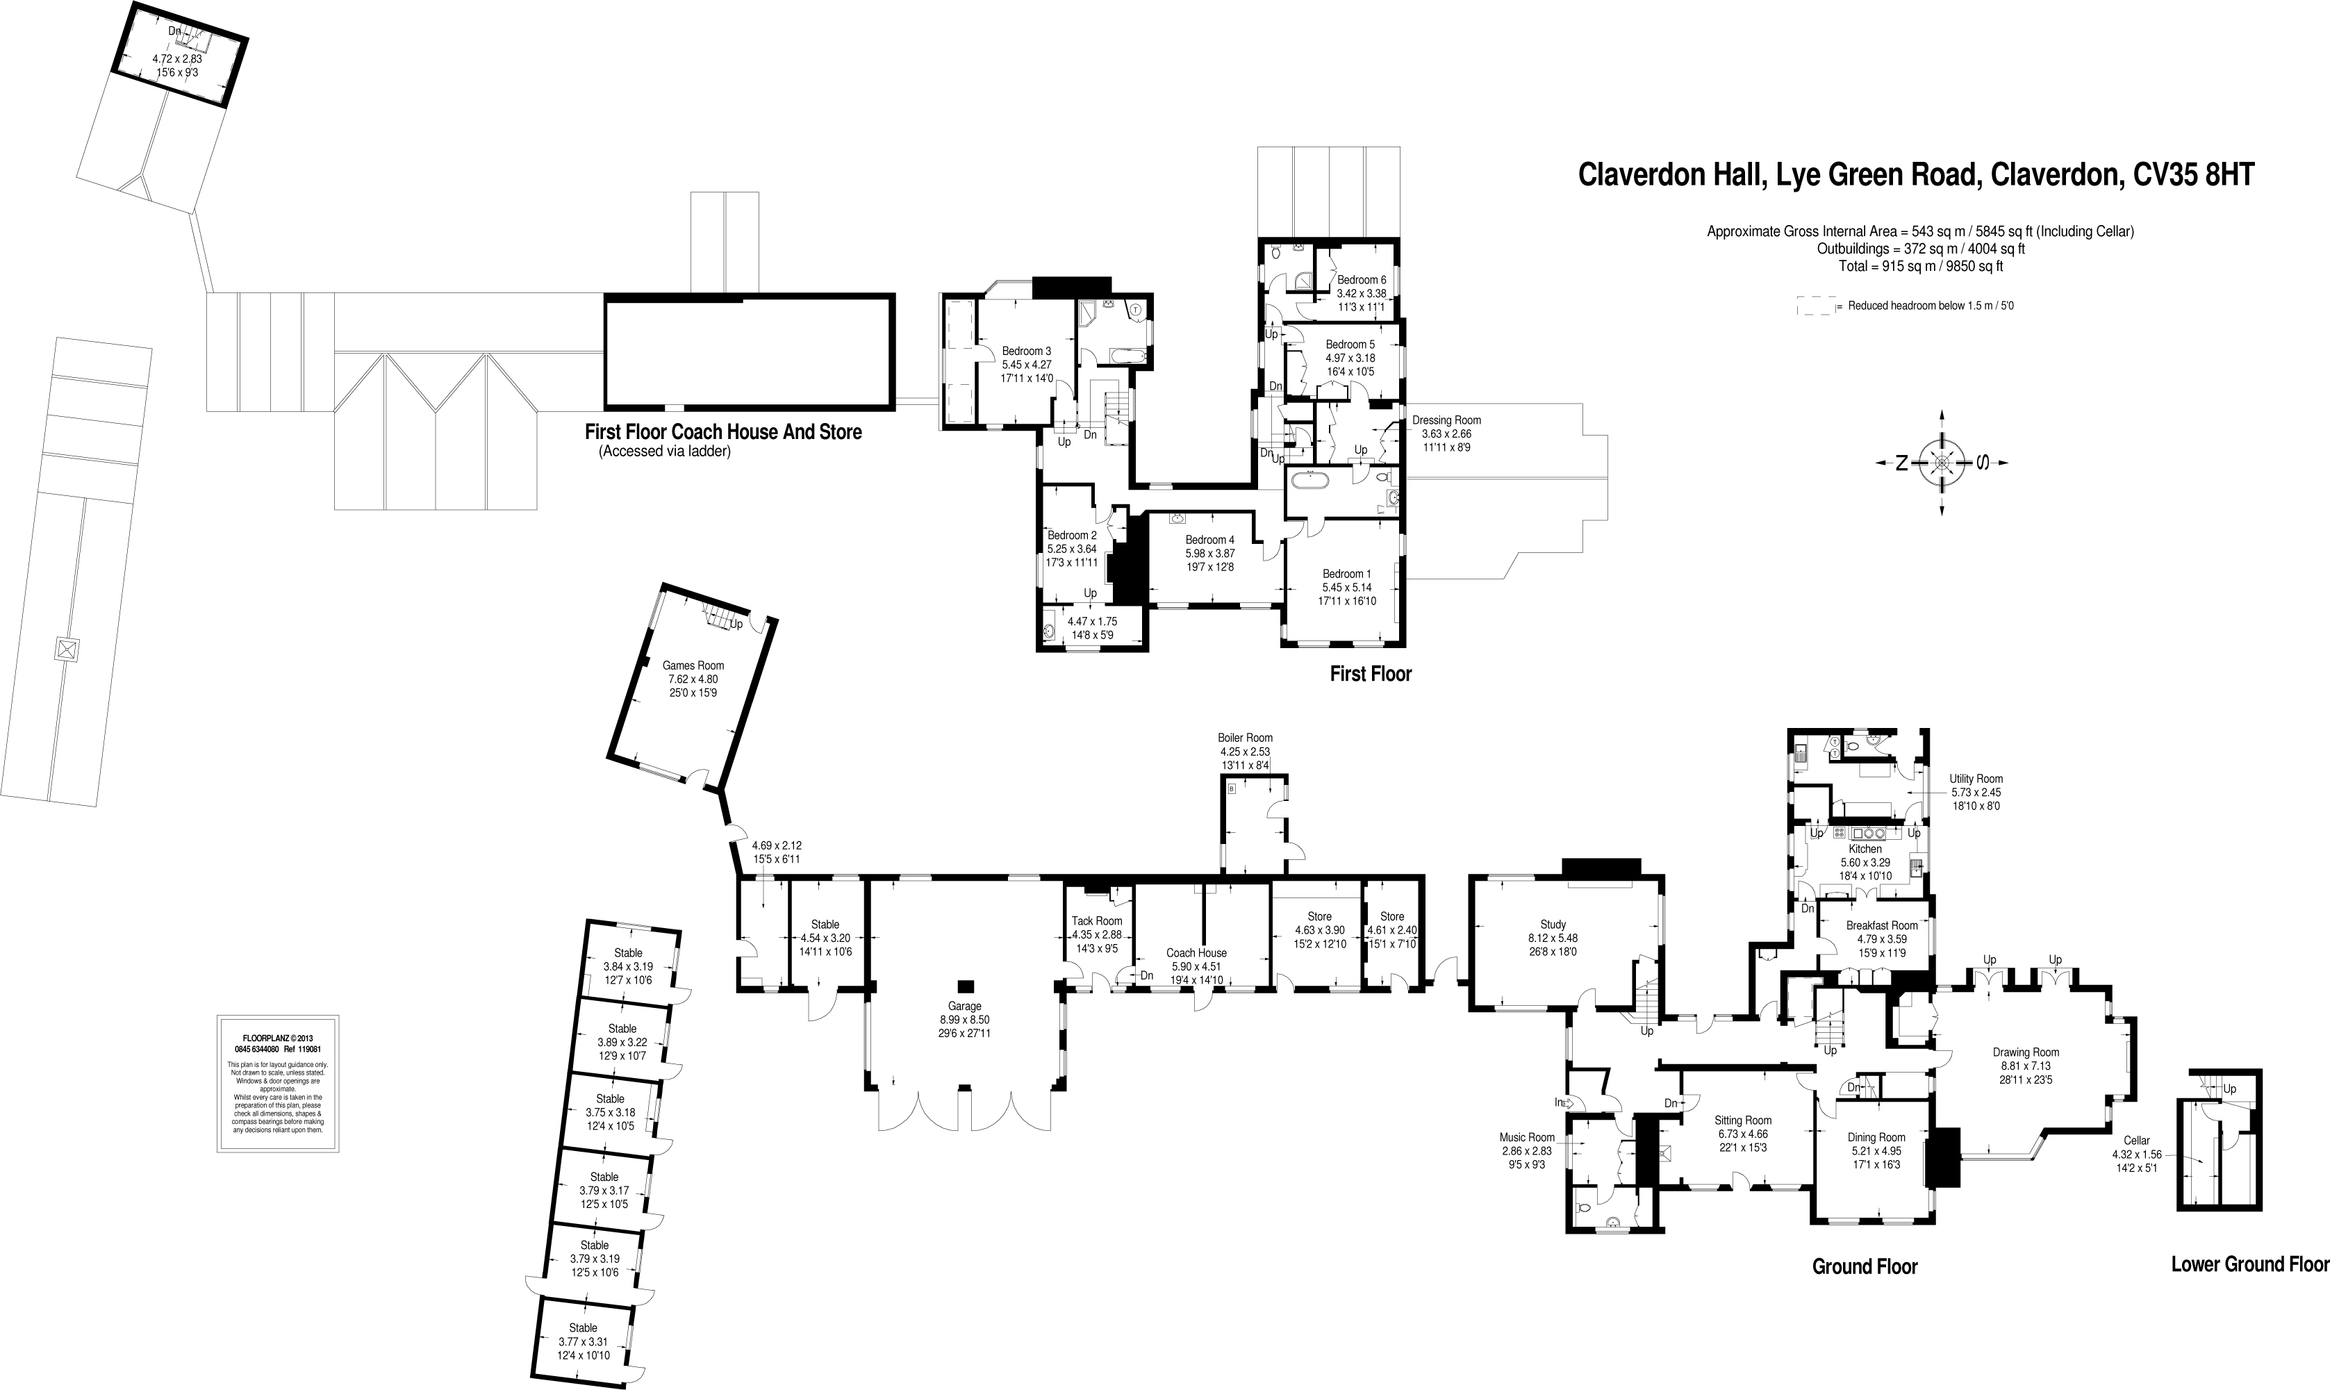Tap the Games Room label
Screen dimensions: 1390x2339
(693, 665)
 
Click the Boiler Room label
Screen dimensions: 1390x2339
(1245, 738)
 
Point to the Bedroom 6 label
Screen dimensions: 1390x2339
(1361, 279)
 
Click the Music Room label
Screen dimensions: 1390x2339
(1527, 1138)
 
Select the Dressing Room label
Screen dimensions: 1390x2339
(1446, 420)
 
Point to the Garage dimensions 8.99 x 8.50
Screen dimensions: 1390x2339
(965, 1020)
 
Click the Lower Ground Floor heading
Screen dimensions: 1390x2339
(2249, 1264)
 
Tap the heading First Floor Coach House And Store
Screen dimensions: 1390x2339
(722, 432)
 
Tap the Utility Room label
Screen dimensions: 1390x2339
(1976, 779)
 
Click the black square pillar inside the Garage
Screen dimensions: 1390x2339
(966, 985)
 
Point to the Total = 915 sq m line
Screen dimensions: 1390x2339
(1920, 266)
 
